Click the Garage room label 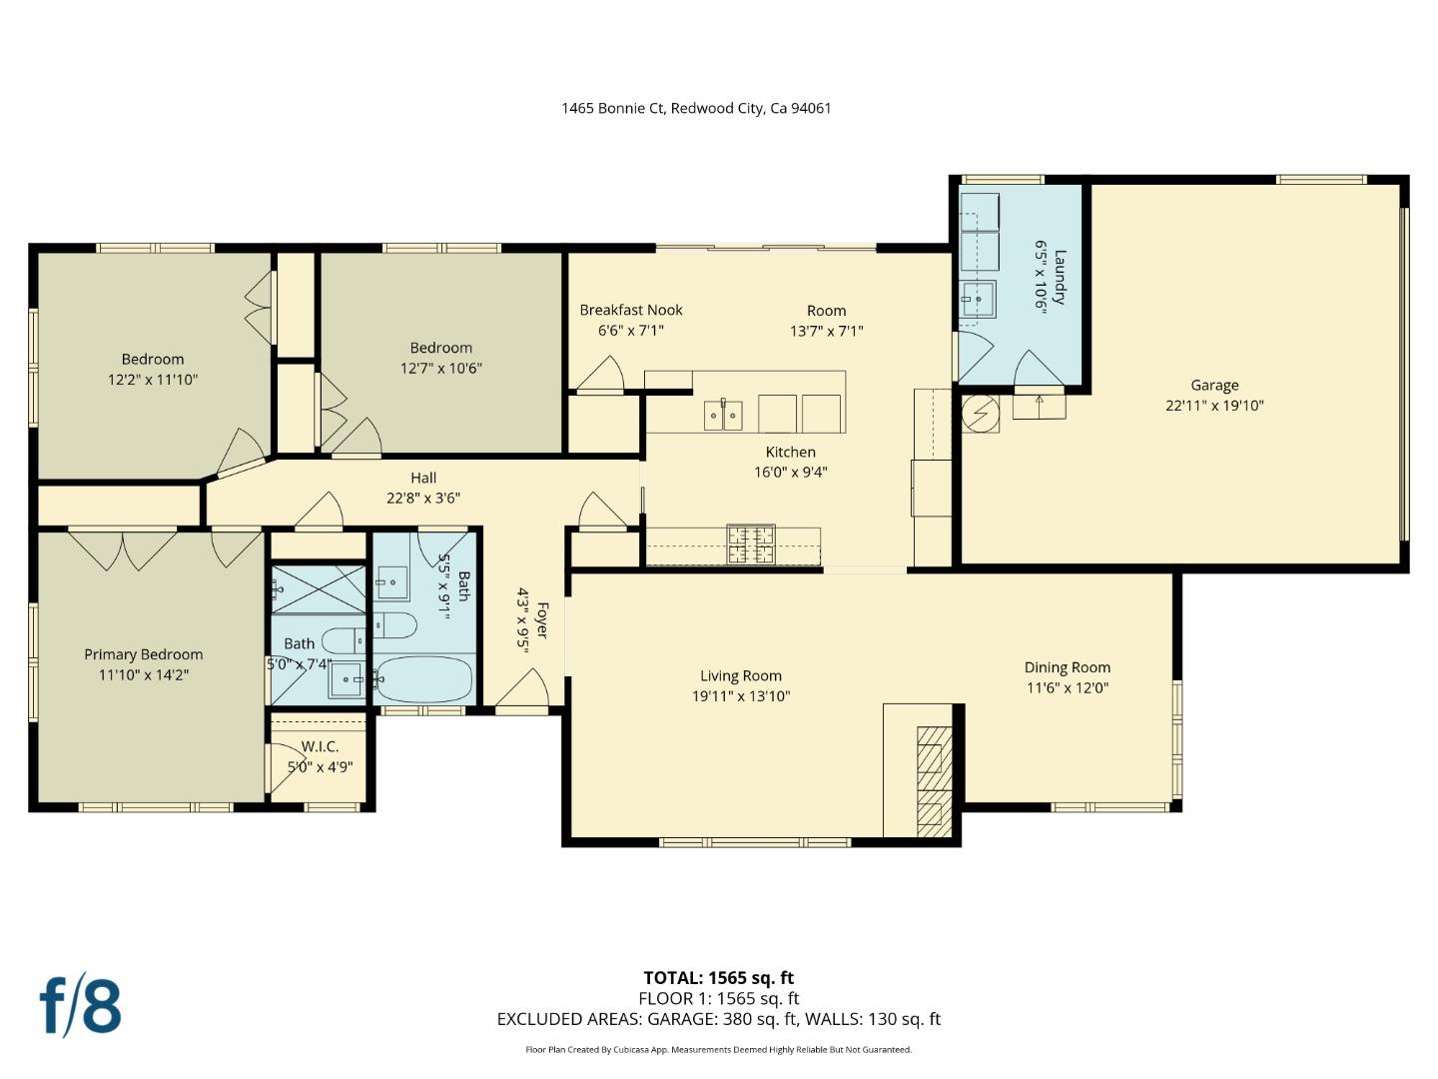point(1214,385)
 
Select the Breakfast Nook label point(631,310)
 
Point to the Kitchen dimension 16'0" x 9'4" point(790,473)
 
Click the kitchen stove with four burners point(750,544)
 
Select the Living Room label point(740,676)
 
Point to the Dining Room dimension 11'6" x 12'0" point(1067,688)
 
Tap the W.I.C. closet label point(320,746)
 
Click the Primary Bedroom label point(143,654)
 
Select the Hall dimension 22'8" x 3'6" point(423,499)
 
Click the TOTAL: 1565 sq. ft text point(718,978)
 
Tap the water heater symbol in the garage point(980,412)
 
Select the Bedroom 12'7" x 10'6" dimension point(440,369)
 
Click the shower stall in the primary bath point(319,588)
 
